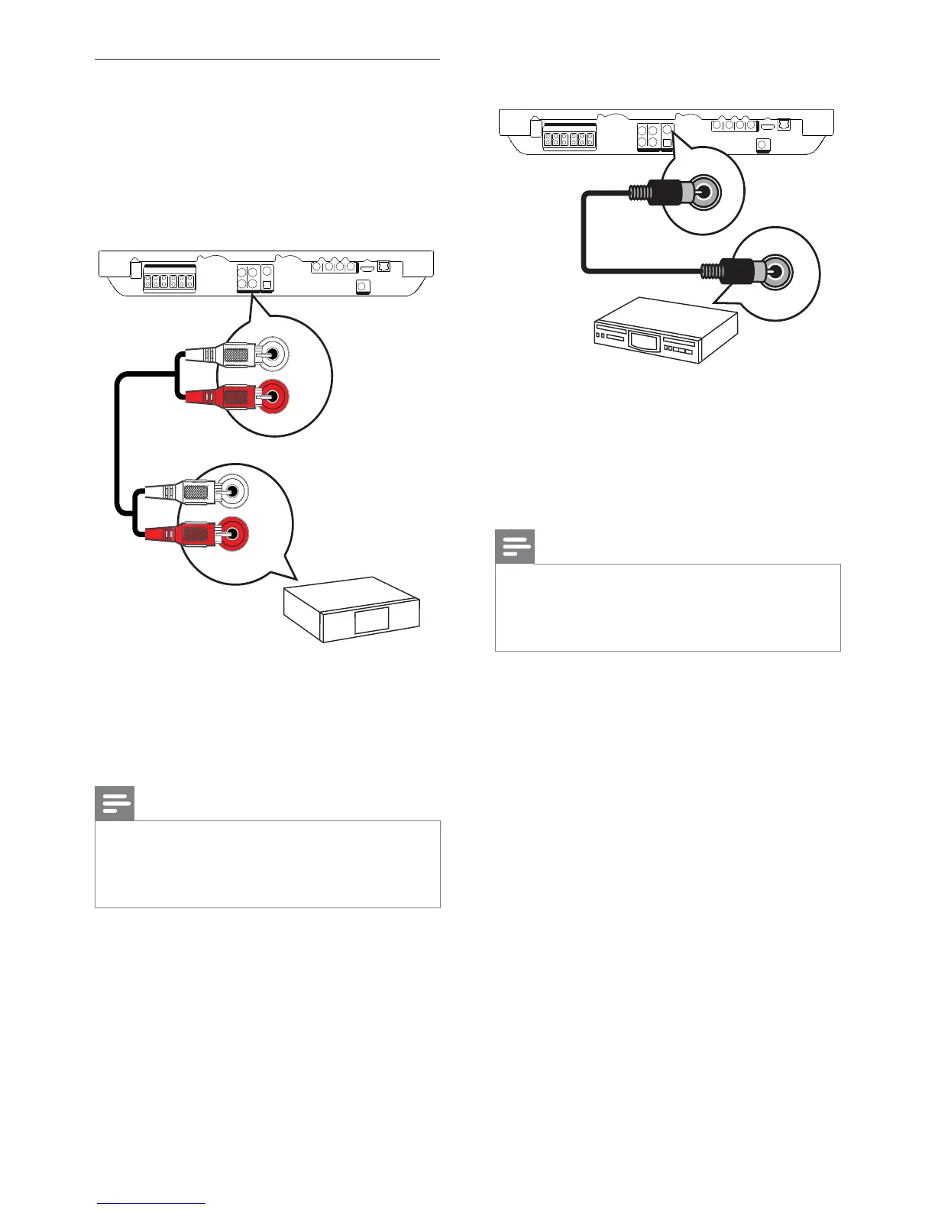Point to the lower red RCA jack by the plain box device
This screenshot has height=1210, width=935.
tap(233, 532)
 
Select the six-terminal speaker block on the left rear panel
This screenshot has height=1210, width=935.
tap(169, 280)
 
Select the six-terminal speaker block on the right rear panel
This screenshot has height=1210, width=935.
tap(569, 139)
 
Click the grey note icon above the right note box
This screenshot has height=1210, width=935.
tap(515, 547)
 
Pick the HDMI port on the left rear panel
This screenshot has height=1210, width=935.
tap(367, 267)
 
